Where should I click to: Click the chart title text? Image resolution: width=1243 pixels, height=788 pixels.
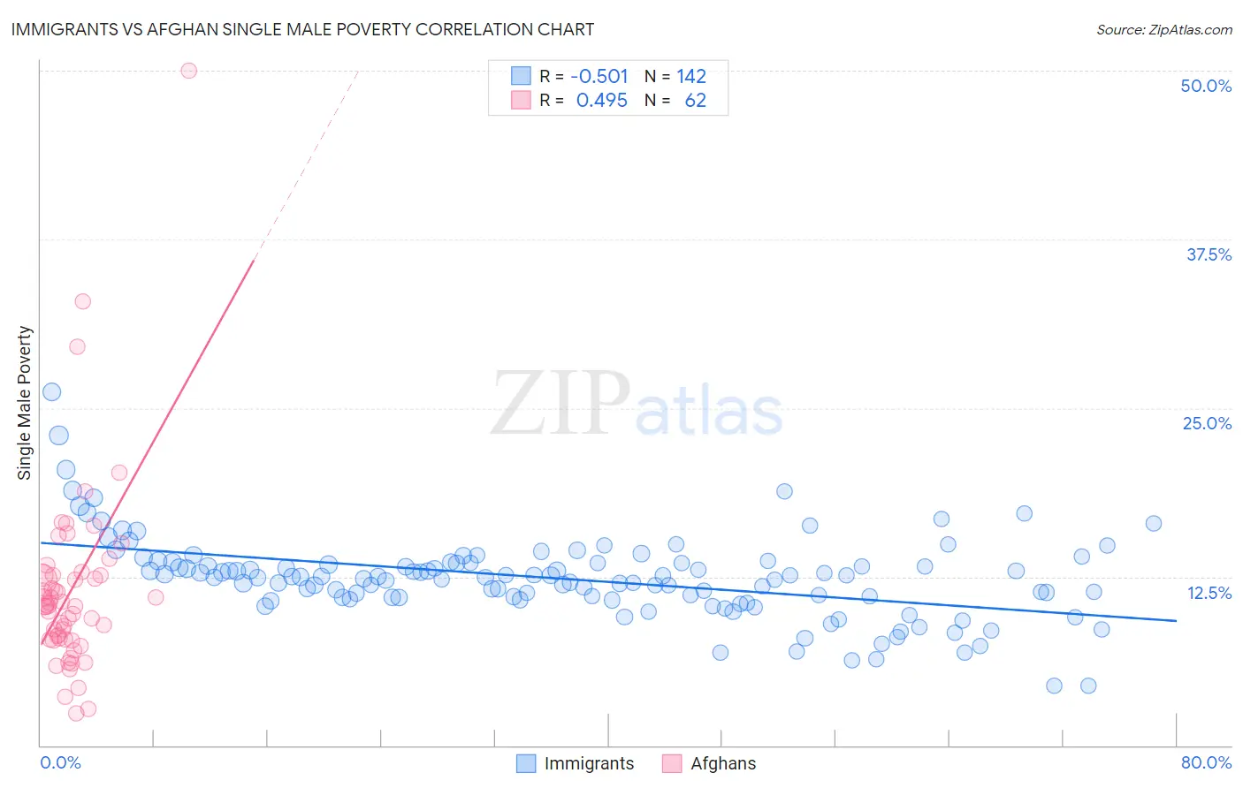point(302,29)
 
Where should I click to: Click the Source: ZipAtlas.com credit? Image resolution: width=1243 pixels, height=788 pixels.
point(1163,29)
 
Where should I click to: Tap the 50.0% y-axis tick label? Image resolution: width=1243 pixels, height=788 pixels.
point(1206,86)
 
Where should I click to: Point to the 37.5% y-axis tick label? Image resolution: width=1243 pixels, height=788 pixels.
point(1209,254)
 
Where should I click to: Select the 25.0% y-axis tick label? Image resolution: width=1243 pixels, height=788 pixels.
point(1207,423)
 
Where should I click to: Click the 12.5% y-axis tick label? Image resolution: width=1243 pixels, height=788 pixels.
point(1209,593)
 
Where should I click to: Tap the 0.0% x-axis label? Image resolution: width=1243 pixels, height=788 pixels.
point(60,762)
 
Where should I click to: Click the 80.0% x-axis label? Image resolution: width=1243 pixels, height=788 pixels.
point(1206,762)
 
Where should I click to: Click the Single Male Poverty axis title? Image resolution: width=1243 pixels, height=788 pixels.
point(25,403)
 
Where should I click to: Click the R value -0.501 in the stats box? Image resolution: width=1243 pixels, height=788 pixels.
point(599,76)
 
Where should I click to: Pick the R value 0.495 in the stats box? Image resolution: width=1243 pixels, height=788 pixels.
point(602,101)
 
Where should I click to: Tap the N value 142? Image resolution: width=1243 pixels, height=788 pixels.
point(691,76)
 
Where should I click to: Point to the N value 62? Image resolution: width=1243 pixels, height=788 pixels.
point(696,101)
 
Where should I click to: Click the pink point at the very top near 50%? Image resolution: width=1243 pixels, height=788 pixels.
point(188,71)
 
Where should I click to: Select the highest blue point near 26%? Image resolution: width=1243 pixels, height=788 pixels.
point(52,392)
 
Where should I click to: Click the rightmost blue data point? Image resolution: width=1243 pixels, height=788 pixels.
point(1153,524)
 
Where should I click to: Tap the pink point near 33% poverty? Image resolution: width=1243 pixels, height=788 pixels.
point(82,301)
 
